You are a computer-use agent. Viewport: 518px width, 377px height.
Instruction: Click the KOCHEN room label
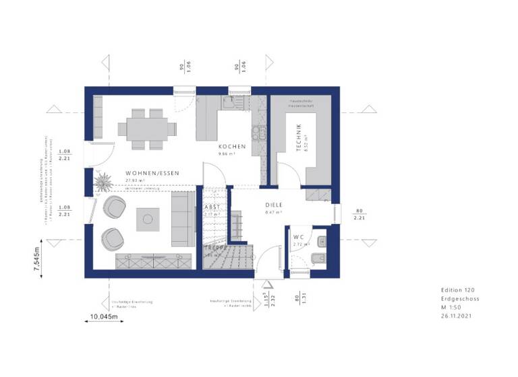pos(231,146)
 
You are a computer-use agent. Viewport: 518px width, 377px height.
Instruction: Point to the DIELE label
pos(273,205)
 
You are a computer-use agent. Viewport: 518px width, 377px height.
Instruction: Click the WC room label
pos(299,237)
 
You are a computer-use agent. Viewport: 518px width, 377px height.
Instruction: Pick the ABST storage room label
pos(212,207)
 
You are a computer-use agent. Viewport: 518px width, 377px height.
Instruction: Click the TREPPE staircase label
pos(214,248)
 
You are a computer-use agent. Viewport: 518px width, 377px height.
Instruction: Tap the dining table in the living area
pos(147,127)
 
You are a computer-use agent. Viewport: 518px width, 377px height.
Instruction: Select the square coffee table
pos(148,218)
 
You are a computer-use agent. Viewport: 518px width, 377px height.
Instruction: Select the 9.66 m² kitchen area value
pos(226,154)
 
